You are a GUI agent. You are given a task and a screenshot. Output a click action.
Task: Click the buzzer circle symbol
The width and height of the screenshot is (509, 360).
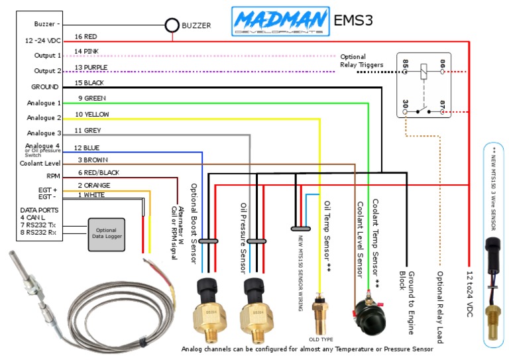(172, 26)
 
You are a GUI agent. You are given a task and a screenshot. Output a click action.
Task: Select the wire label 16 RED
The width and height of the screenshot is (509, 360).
(86, 36)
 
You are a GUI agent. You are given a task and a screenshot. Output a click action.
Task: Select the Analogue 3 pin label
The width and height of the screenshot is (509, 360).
(44, 133)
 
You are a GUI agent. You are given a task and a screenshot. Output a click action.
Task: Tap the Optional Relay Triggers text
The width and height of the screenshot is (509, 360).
(362, 61)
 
